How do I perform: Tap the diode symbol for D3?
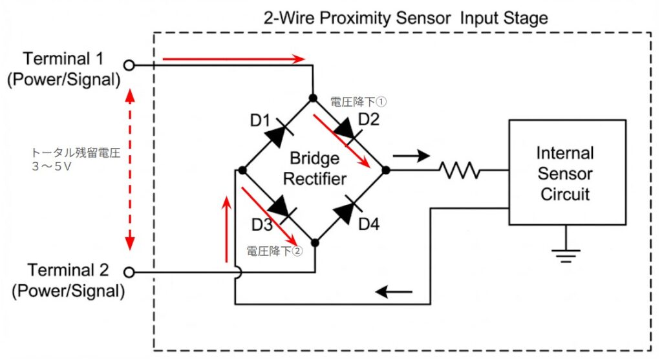pyautogui.click(x=278, y=207)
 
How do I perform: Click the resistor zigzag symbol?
pyautogui.click(x=460, y=171)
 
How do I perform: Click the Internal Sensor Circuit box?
pyautogui.click(x=566, y=172)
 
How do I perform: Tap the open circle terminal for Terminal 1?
pyautogui.click(x=129, y=65)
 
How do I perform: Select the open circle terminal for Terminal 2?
pyautogui.click(x=129, y=273)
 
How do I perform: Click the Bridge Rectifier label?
pyautogui.click(x=314, y=169)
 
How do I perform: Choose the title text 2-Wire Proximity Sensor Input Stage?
pyautogui.click(x=405, y=17)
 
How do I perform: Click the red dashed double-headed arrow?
pyautogui.click(x=130, y=170)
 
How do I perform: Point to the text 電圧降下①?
pyautogui.click(x=358, y=101)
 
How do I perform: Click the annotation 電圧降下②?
pyautogui.click(x=274, y=251)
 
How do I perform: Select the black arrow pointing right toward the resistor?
pyautogui.click(x=411, y=155)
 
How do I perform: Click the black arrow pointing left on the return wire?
pyautogui.click(x=394, y=291)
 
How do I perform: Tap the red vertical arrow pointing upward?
pyautogui.click(x=226, y=229)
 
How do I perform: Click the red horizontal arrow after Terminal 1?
pyautogui.click(x=233, y=59)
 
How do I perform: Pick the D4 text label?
pyautogui.click(x=369, y=225)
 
